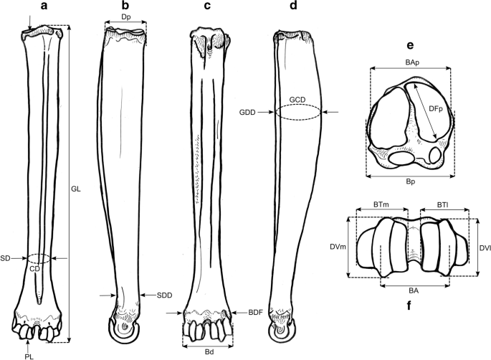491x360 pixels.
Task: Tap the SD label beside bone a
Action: (x=6, y=257)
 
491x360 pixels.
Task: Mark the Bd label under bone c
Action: (x=207, y=351)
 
